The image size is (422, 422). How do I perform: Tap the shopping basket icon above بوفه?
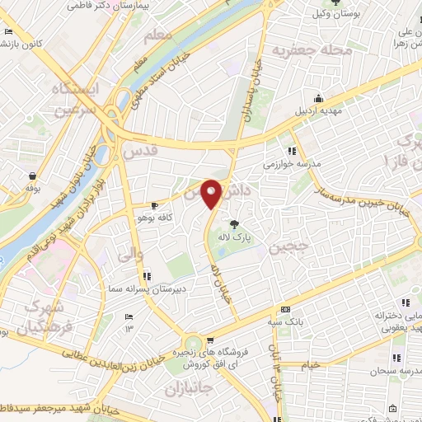(32, 176)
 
